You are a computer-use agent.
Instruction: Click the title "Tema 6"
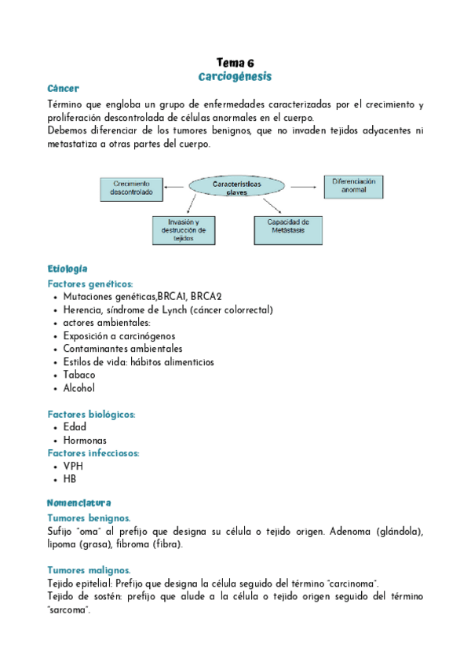(x=235, y=63)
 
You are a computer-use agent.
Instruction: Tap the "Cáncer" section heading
(x=63, y=90)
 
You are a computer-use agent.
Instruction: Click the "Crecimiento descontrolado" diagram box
(x=131, y=189)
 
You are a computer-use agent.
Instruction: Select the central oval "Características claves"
(x=237, y=187)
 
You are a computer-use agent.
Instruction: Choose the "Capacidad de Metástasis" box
(x=288, y=226)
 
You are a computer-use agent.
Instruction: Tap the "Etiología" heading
(x=68, y=269)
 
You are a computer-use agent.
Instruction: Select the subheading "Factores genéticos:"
(x=90, y=284)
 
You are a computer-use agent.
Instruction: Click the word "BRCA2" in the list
(x=206, y=297)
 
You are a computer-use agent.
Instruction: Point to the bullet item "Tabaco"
(x=79, y=375)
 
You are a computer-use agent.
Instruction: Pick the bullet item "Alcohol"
(x=79, y=388)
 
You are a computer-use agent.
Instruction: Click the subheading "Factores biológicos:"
(x=92, y=414)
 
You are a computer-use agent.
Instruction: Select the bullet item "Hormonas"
(x=85, y=440)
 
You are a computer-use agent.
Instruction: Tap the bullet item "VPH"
(x=73, y=466)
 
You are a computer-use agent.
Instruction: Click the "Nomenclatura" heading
(x=78, y=503)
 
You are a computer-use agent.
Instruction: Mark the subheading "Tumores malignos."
(x=89, y=570)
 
